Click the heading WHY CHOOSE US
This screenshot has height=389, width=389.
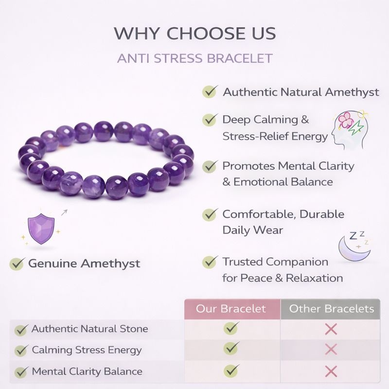[194, 34]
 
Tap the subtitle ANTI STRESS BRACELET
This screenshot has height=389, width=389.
[194, 59]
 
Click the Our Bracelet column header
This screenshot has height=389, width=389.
[231, 309]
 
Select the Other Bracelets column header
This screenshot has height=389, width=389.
[331, 309]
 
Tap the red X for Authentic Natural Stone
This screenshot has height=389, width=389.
[331, 329]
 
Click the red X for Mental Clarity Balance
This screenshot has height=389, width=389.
[331, 371]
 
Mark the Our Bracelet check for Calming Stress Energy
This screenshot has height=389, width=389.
[231, 349]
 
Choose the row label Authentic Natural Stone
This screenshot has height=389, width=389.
[89, 329]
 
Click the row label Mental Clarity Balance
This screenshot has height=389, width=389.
[87, 371]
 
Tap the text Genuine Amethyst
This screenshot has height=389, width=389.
[84, 264]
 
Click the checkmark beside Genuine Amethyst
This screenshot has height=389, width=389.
[17, 264]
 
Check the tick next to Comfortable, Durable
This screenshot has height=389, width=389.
[210, 214]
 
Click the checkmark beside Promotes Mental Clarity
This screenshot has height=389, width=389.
[210, 166]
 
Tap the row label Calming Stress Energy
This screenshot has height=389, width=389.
[87, 350]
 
